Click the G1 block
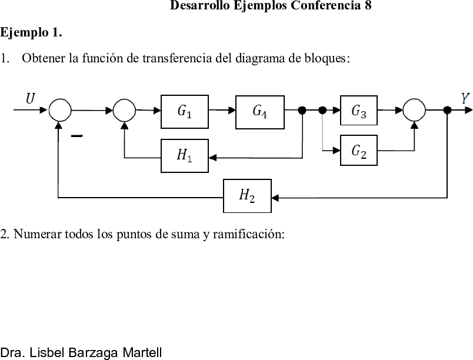pyautogui.click(x=185, y=112)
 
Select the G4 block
pyautogui.click(x=259, y=112)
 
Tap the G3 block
pyautogui.click(x=359, y=111)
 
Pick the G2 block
pyautogui.click(x=359, y=151)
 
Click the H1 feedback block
pyautogui.click(x=185, y=156)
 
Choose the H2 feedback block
pyautogui.click(x=247, y=196)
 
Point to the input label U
pyautogui.click(x=31, y=99)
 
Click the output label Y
pyautogui.click(x=465, y=99)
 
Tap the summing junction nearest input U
pyautogui.click(x=60, y=110)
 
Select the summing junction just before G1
pyautogui.click(x=124, y=111)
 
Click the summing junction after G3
pyautogui.click(x=414, y=110)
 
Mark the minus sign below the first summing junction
pyautogui.click(x=76, y=136)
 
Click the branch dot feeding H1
pyautogui.click(x=302, y=111)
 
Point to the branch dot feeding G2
pyautogui.click(x=322, y=111)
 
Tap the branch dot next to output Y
pyautogui.click(x=447, y=111)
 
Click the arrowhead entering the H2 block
pyautogui.click(x=275, y=198)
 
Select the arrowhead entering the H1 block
pyautogui.click(x=212, y=158)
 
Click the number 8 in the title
pyautogui.click(x=368, y=5)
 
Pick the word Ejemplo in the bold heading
pyautogui.click(x=24, y=32)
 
